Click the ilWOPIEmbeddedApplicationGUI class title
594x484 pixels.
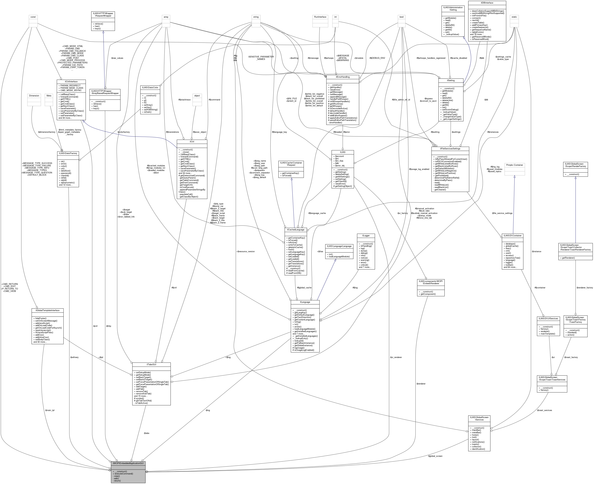128,463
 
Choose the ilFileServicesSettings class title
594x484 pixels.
450,149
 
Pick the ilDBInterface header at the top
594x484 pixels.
487,3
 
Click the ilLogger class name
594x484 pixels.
366,236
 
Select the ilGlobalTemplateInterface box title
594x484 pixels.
48,310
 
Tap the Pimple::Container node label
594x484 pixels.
514,165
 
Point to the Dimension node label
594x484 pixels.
34,96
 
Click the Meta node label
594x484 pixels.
49,96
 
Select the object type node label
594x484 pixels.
197,96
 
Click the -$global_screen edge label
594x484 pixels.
435,456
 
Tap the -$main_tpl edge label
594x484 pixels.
50,410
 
